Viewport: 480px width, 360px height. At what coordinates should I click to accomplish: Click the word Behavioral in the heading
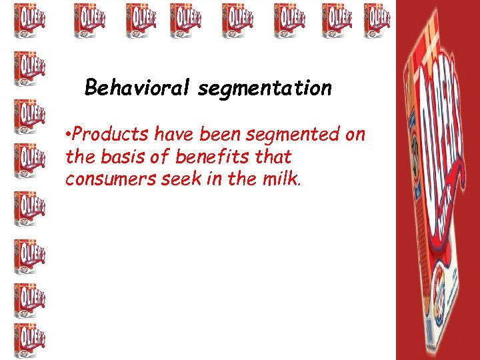click(x=138, y=87)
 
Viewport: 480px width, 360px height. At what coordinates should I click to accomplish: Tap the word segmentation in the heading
click(x=264, y=88)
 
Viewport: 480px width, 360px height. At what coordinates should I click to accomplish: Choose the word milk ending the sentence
click(x=284, y=179)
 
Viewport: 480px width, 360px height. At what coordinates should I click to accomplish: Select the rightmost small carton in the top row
click(x=377, y=20)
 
